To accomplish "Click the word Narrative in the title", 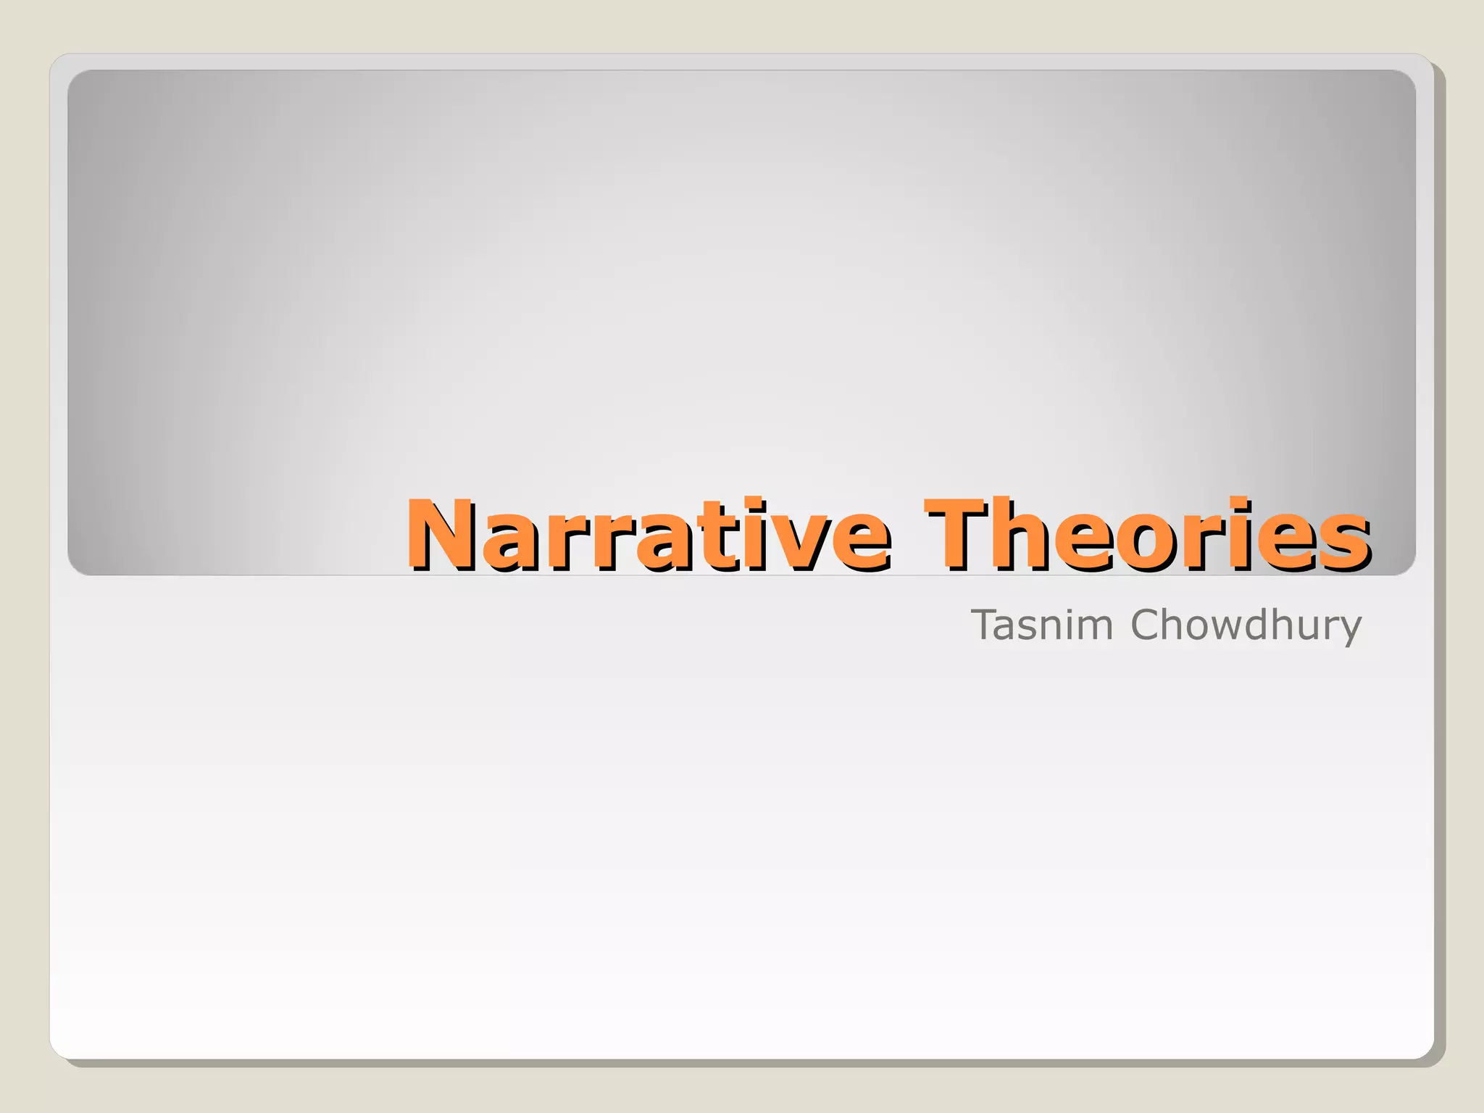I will tap(647, 535).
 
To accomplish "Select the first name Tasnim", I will tap(1041, 625).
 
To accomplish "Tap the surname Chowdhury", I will tap(1246, 626).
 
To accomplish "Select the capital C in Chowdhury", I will tap(1146, 625).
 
